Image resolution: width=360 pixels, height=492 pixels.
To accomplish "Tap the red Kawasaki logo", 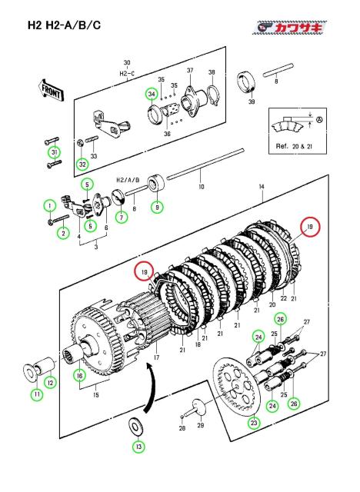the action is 290,28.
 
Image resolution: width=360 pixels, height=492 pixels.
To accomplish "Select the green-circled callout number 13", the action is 139,446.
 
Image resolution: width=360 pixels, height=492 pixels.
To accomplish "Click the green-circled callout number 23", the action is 254,423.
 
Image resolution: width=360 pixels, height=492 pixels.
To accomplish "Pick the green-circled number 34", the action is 152,94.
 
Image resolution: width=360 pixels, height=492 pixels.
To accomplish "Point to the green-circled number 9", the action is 157,207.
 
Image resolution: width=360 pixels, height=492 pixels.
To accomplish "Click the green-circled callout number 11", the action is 37,394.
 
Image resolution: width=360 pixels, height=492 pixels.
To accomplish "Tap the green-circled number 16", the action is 80,375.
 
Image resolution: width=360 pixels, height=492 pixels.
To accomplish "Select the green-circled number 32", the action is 82,164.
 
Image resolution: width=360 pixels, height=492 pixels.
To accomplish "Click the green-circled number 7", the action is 122,217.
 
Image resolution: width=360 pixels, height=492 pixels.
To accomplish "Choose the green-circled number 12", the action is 51,383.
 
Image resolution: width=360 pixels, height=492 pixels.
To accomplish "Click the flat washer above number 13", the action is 136,427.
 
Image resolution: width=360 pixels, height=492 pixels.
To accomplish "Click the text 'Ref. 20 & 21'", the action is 294,146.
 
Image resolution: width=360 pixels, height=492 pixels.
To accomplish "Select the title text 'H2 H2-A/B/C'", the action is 64,25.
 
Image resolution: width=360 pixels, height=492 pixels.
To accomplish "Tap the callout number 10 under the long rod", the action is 202,186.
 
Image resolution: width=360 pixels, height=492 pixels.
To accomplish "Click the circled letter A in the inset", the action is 319,120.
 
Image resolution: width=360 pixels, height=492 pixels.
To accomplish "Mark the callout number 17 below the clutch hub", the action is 157,357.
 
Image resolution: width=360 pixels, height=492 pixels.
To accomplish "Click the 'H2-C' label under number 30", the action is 127,74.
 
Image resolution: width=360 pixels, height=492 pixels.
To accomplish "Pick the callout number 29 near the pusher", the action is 200,425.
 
